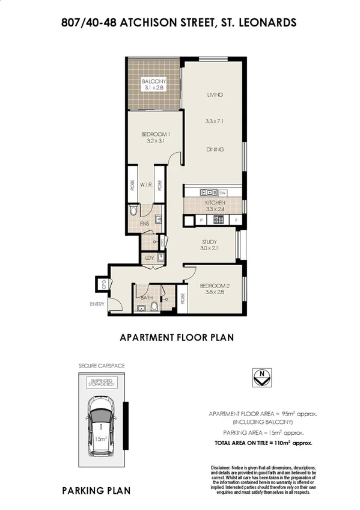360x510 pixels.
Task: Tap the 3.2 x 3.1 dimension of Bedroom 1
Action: coord(155,141)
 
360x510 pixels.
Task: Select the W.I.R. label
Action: coord(145,185)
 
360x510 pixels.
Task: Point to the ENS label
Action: coord(144,224)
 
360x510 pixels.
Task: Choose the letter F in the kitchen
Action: coord(237,220)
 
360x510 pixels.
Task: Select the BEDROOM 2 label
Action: coord(215,286)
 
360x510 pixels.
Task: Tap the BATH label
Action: coord(146,297)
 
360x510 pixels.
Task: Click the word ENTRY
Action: coord(97,304)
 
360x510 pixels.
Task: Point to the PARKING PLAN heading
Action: coord(96,491)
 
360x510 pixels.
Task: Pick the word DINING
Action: coord(215,149)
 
